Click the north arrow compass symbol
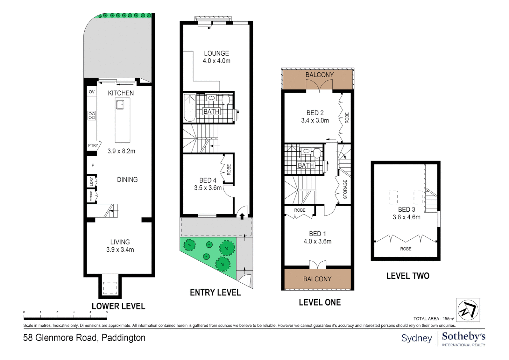pyautogui.click(x=468, y=310)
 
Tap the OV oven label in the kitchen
pyautogui.click(x=92, y=92)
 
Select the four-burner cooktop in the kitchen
pyautogui.click(x=92, y=116)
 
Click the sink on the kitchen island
pyautogui.click(x=120, y=105)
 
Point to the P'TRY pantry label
pyautogui.click(x=93, y=145)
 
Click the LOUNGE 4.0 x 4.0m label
pyautogui.click(x=217, y=57)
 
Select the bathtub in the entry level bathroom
pyautogui.click(x=190, y=108)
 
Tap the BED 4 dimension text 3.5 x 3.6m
pyautogui.click(x=208, y=188)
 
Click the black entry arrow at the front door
pyautogui.click(x=242, y=216)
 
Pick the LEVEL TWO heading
pyautogui.click(x=408, y=276)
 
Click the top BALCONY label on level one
pyautogui.click(x=319, y=75)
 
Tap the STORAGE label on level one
pyautogui.click(x=345, y=189)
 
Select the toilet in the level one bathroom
pyautogui.click(x=317, y=153)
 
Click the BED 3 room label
pyautogui.click(x=406, y=210)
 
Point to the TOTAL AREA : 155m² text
pyautogui.click(x=434, y=319)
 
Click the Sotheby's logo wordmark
pyautogui.click(x=463, y=337)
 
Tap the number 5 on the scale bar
pyautogui.click(x=107, y=312)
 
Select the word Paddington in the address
pyautogui.click(x=124, y=338)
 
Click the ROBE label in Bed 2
pyautogui.click(x=347, y=118)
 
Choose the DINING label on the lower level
pyautogui.click(x=127, y=180)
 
